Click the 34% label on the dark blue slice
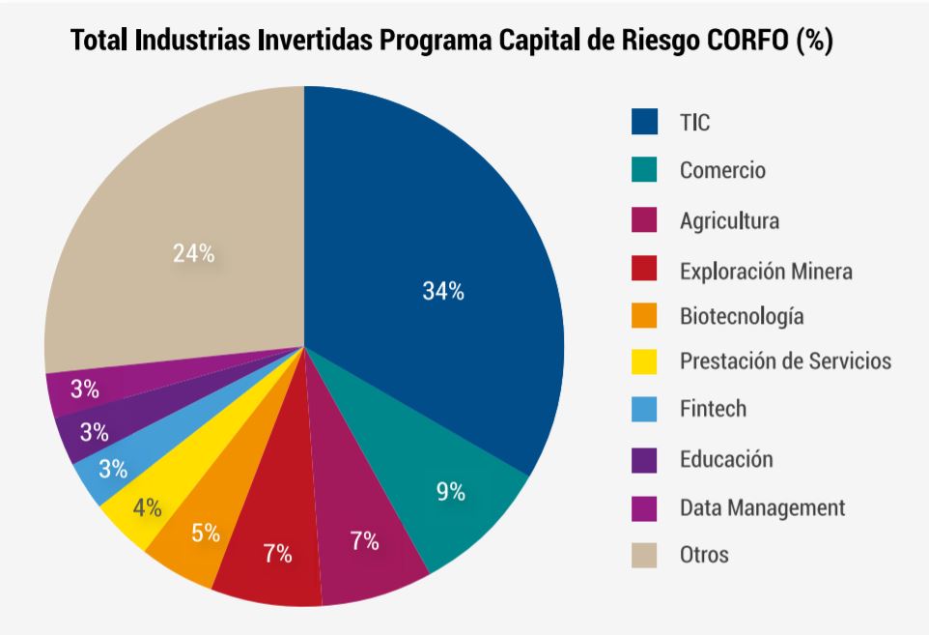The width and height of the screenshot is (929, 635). pos(443,292)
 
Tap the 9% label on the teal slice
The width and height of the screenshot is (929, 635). pos(450,492)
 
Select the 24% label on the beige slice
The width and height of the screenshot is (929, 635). pos(193,254)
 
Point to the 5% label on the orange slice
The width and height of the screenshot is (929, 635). pos(206,533)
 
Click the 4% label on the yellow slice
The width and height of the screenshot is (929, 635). pos(148,507)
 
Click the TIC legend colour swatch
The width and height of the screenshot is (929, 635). pos(644,122)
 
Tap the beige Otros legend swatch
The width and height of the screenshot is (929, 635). pos(644,555)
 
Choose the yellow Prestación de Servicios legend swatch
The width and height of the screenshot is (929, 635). pos(644,361)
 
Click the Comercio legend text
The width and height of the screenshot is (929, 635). pos(722,171)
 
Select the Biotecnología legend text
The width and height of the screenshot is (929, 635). pos(742,316)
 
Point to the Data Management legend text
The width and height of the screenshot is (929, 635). pos(762,507)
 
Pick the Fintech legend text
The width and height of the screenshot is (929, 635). pos(713,409)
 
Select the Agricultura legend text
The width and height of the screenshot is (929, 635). pos(729,220)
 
